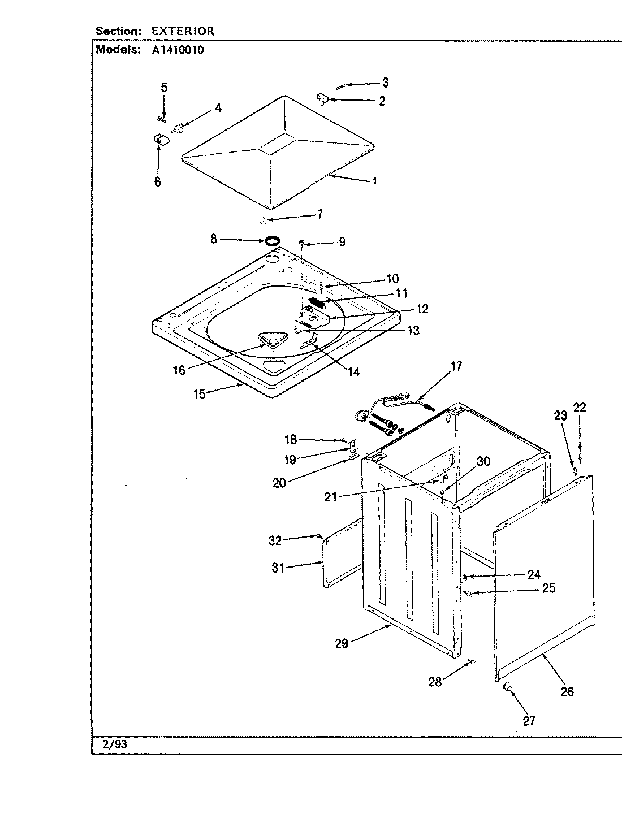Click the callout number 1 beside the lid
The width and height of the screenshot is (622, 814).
click(374, 182)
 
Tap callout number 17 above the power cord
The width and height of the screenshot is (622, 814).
click(456, 366)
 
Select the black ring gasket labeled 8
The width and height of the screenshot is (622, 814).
click(272, 241)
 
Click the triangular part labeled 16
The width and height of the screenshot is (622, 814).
click(270, 339)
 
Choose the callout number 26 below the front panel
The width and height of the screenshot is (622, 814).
click(567, 691)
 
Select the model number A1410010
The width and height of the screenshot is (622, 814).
click(178, 49)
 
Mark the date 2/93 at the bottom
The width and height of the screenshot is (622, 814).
click(115, 744)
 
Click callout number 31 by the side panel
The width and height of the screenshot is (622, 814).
click(278, 568)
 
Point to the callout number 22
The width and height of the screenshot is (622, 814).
click(580, 408)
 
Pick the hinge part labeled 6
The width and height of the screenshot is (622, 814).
click(159, 140)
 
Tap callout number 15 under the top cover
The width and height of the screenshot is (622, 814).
click(200, 393)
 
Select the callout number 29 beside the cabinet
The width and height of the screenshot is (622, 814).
click(342, 643)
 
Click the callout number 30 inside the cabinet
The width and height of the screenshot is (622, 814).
click(483, 461)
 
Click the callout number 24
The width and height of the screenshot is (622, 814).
click(534, 575)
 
